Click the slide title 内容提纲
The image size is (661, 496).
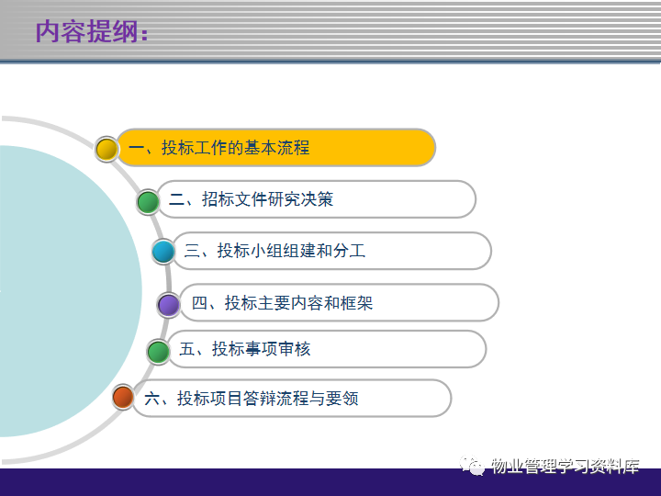92,31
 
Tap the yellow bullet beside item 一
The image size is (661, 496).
106,149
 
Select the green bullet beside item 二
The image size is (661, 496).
148,202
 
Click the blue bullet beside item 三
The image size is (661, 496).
163,252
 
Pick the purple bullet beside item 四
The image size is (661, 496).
169,305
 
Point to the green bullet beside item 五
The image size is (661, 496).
159,352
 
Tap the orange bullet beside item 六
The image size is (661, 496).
123,397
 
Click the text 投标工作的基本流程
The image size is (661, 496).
236,148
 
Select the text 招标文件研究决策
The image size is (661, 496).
268,199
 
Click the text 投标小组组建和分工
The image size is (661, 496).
291,251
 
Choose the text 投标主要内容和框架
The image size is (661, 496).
299,303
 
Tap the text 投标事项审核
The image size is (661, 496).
262,349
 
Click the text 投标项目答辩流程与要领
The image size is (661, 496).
268,398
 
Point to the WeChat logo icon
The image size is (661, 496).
472,465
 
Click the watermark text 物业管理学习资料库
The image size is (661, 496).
566,466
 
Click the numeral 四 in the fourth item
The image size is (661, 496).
199,303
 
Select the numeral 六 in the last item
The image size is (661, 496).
151,398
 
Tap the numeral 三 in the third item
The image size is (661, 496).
192,251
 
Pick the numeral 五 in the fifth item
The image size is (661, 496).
186,349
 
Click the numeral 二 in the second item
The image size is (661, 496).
176,199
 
